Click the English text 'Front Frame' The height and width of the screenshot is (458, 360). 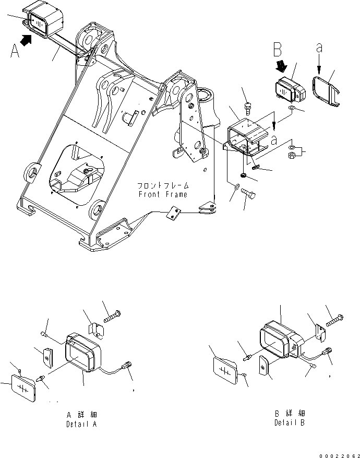[163, 194]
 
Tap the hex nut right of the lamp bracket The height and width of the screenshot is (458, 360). [293, 155]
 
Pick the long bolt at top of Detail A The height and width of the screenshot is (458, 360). [114, 316]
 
